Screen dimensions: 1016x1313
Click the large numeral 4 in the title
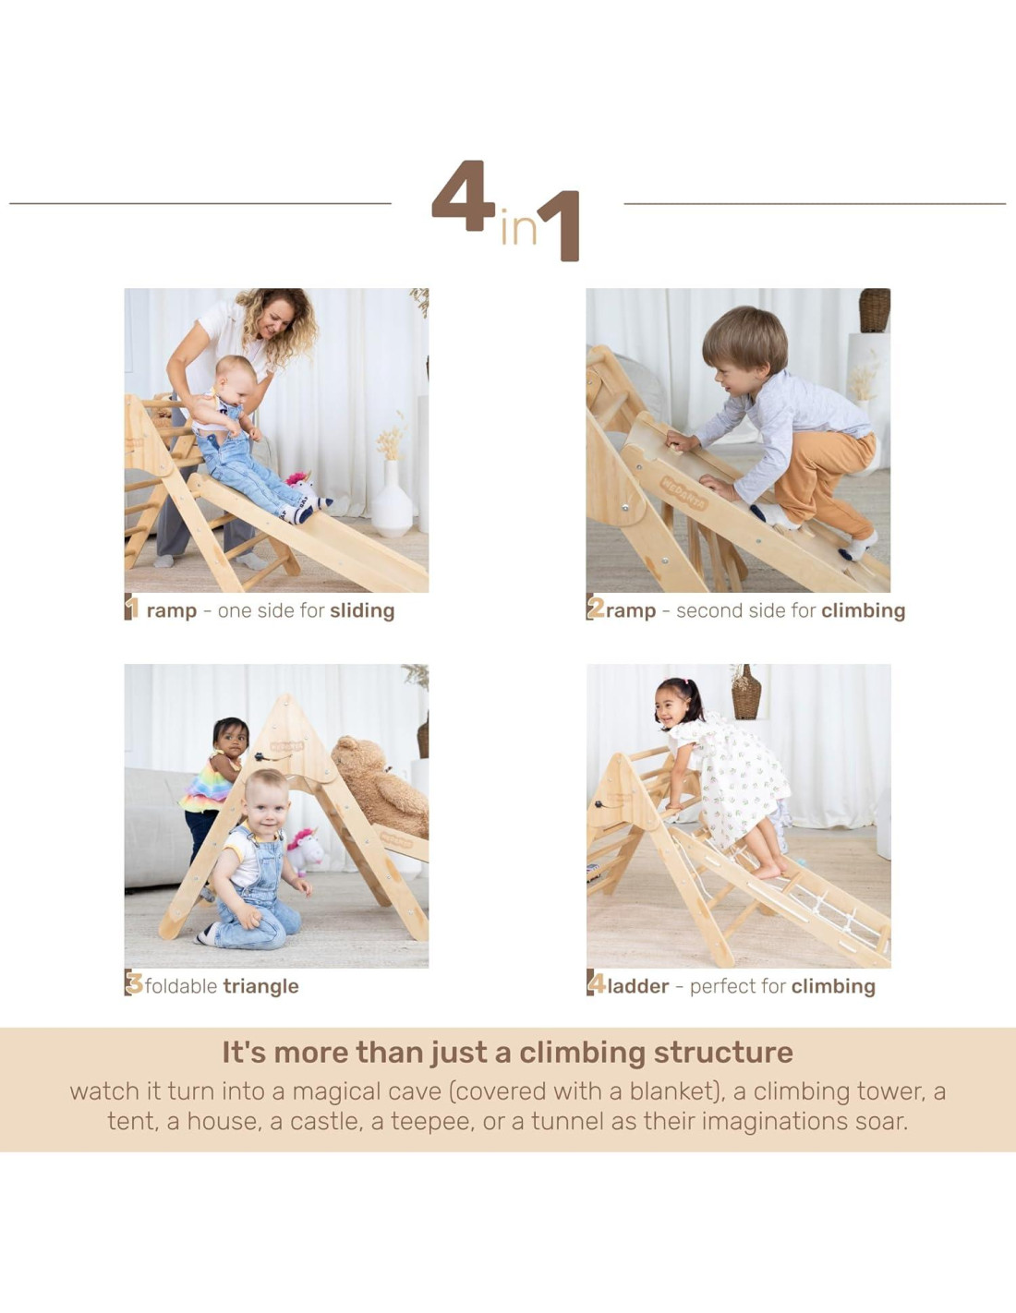click(x=464, y=197)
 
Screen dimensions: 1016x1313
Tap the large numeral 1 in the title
click(x=559, y=226)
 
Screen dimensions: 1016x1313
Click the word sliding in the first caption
click(x=362, y=611)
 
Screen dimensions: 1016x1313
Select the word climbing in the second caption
click(x=863, y=611)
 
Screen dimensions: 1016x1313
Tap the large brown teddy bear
click(x=381, y=788)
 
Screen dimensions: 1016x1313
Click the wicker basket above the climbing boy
click(x=875, y=310)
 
